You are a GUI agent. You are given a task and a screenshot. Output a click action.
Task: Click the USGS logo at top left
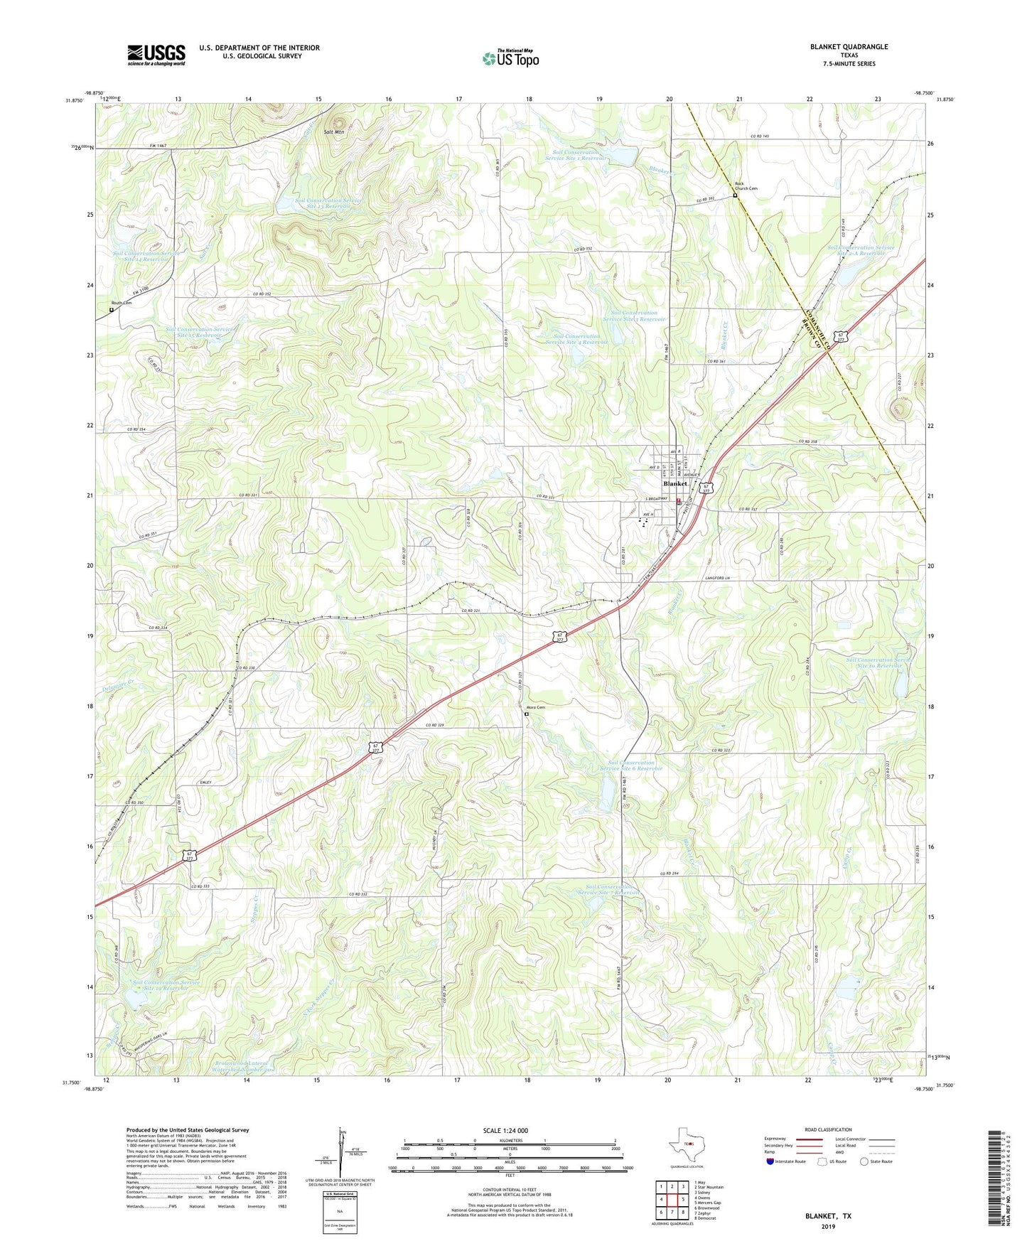[x=156, y=55]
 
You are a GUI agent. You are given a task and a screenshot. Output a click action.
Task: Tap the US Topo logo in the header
[x=510, y=58]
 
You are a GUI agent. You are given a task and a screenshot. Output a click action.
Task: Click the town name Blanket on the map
[x=674, y=483]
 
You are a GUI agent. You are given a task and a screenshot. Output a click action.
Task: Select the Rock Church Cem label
[x=746, y=188]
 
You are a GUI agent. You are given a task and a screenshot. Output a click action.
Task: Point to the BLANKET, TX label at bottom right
[x=828, y=1216]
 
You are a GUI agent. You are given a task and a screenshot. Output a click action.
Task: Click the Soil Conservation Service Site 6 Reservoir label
[x=630, y=765]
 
